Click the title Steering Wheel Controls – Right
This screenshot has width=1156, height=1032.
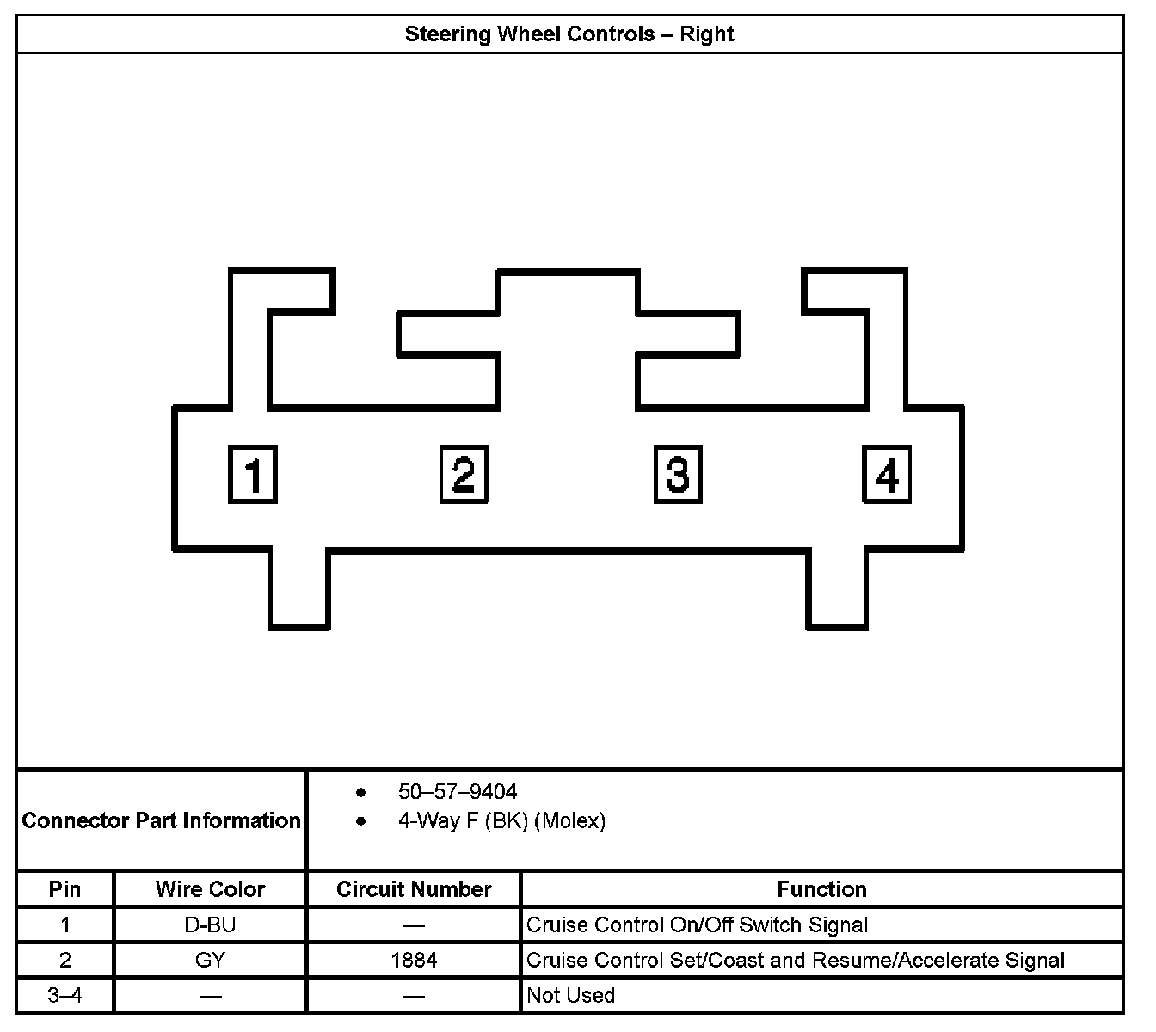click(x=569, y=34)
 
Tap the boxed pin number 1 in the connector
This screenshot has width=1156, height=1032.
click(x=252, y=474)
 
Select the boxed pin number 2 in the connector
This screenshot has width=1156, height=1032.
click(x=464, y=474)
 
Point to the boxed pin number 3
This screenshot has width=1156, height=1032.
click(x=678, y=474)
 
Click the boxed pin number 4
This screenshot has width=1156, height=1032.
click(x=887, y=474)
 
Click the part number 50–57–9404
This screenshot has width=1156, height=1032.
click(x=458, y=791)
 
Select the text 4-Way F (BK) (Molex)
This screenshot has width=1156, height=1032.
click(x=501, y=821)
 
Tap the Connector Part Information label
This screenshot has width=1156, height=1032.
click(x=162, y=820)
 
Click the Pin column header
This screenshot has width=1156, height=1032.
click(x=65, y=888)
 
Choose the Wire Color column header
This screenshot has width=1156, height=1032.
click(x=210, y=889)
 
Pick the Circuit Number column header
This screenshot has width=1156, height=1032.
click(x=414, y=889)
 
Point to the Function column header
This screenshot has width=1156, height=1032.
click(x=821, y=889)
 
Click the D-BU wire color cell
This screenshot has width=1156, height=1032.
click(x=210, y=925)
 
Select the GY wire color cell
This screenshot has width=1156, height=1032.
click(x=210, y=960)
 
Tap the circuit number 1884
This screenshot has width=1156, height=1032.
click(x=414, y=960)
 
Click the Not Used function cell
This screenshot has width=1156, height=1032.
click(x=570, y=996)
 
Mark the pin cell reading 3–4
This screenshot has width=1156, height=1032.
click(x=65, y=996)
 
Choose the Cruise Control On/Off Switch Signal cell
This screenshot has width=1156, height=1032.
click(x=697, y=925)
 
